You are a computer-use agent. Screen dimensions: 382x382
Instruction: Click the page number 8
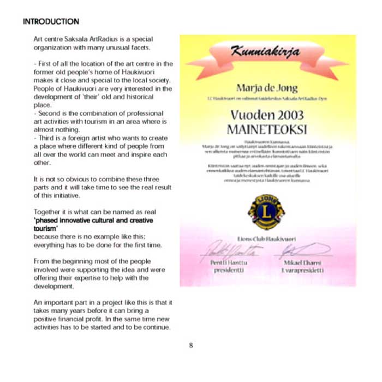click(190, 345)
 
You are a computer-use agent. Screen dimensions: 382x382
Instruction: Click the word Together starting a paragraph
click(48, 212)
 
